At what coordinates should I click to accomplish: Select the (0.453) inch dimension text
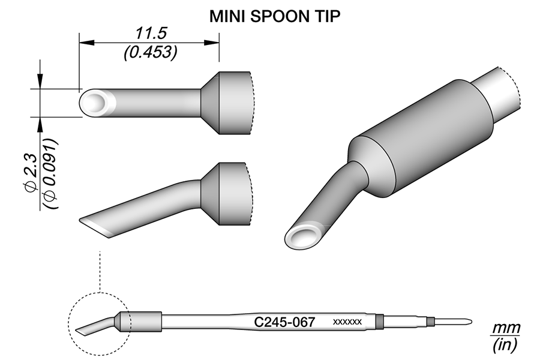pyautogui.click(x=149, y=53)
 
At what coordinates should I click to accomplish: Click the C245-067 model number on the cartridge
pyautogui.click(x=284, y=322)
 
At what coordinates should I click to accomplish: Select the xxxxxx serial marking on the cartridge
pyautogui.click(x=347, y=322)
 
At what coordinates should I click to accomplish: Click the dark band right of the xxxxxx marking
pyautogui.click(x=379, y=322)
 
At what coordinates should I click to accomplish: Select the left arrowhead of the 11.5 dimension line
pyautogui.click(x=83, y=42)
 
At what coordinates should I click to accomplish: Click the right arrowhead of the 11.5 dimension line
pyautogui.click(x=214, y=42)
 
